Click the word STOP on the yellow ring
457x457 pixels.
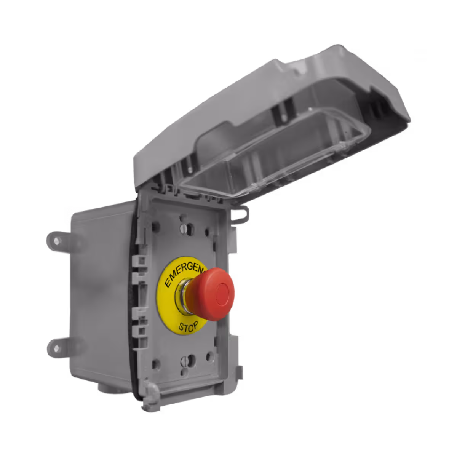click(188, 326)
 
